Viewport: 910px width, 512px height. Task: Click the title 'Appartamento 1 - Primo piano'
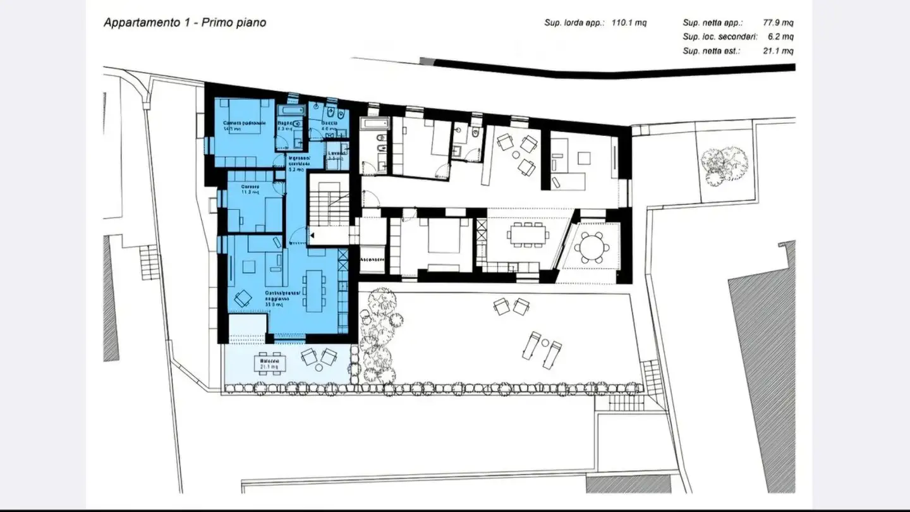185,23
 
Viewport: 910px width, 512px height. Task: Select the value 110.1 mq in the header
629,23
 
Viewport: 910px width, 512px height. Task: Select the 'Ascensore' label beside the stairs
372,260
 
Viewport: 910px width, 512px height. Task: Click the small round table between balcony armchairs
318,357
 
